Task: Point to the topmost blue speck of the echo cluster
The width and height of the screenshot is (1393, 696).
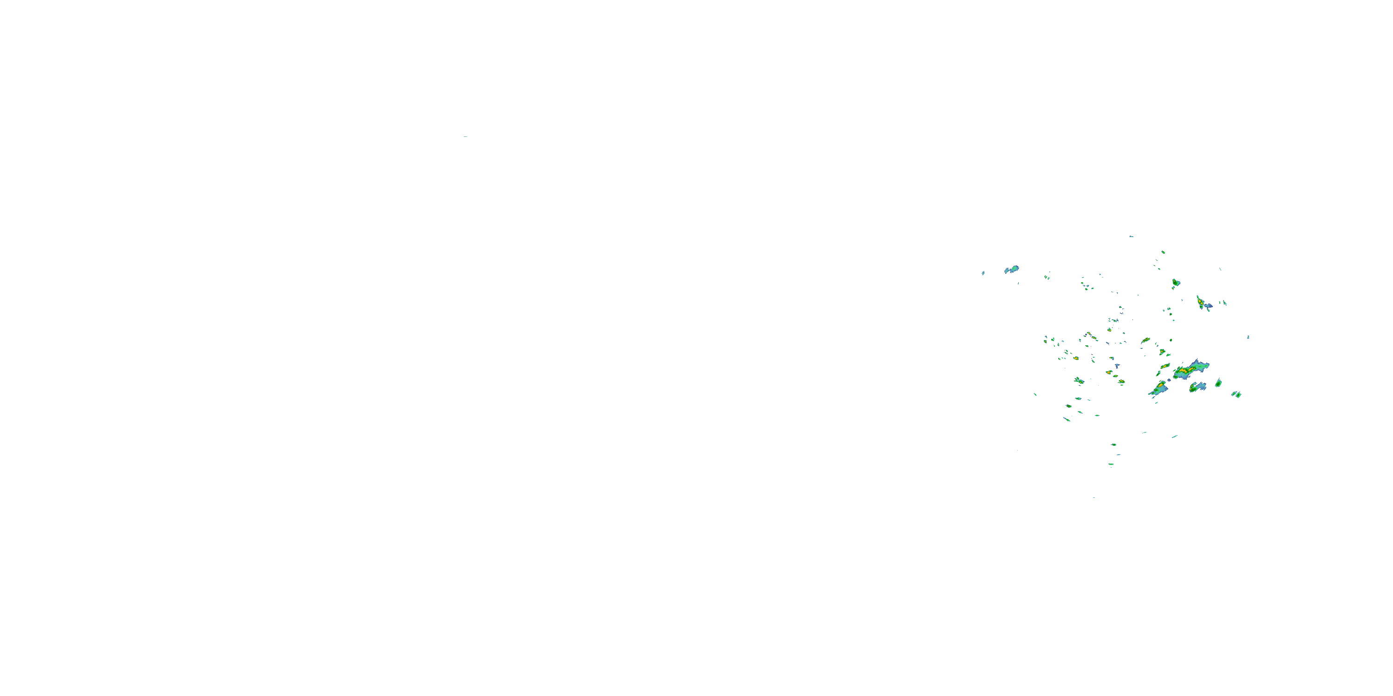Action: click(1131, 236)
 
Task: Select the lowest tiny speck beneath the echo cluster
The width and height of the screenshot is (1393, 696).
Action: click(1094, 498)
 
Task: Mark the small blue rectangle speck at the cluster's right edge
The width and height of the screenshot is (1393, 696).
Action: click(1248, 337)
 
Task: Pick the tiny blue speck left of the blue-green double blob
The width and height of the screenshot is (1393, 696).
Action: click(983, 273)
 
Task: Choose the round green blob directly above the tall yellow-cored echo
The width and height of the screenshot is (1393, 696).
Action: click(1176, 282)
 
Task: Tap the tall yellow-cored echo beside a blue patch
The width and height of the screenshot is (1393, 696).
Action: click(1200, 302)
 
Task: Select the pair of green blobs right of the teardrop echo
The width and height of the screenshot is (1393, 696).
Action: click(1236, 394)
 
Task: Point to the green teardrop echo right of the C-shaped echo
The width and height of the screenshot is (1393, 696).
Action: click(1218, 383)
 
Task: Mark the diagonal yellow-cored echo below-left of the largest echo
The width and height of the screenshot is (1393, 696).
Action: click(1159, 387)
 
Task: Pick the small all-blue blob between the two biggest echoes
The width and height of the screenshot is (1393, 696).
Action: click(1169, 380)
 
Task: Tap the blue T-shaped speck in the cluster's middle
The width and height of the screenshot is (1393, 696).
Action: click(1117, 366)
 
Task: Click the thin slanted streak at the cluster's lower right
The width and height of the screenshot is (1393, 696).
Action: click(1175, 436)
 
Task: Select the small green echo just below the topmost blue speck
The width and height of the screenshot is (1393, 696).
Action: click(1163, 252)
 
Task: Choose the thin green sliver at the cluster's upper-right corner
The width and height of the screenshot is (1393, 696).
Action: click(1220, 269)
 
